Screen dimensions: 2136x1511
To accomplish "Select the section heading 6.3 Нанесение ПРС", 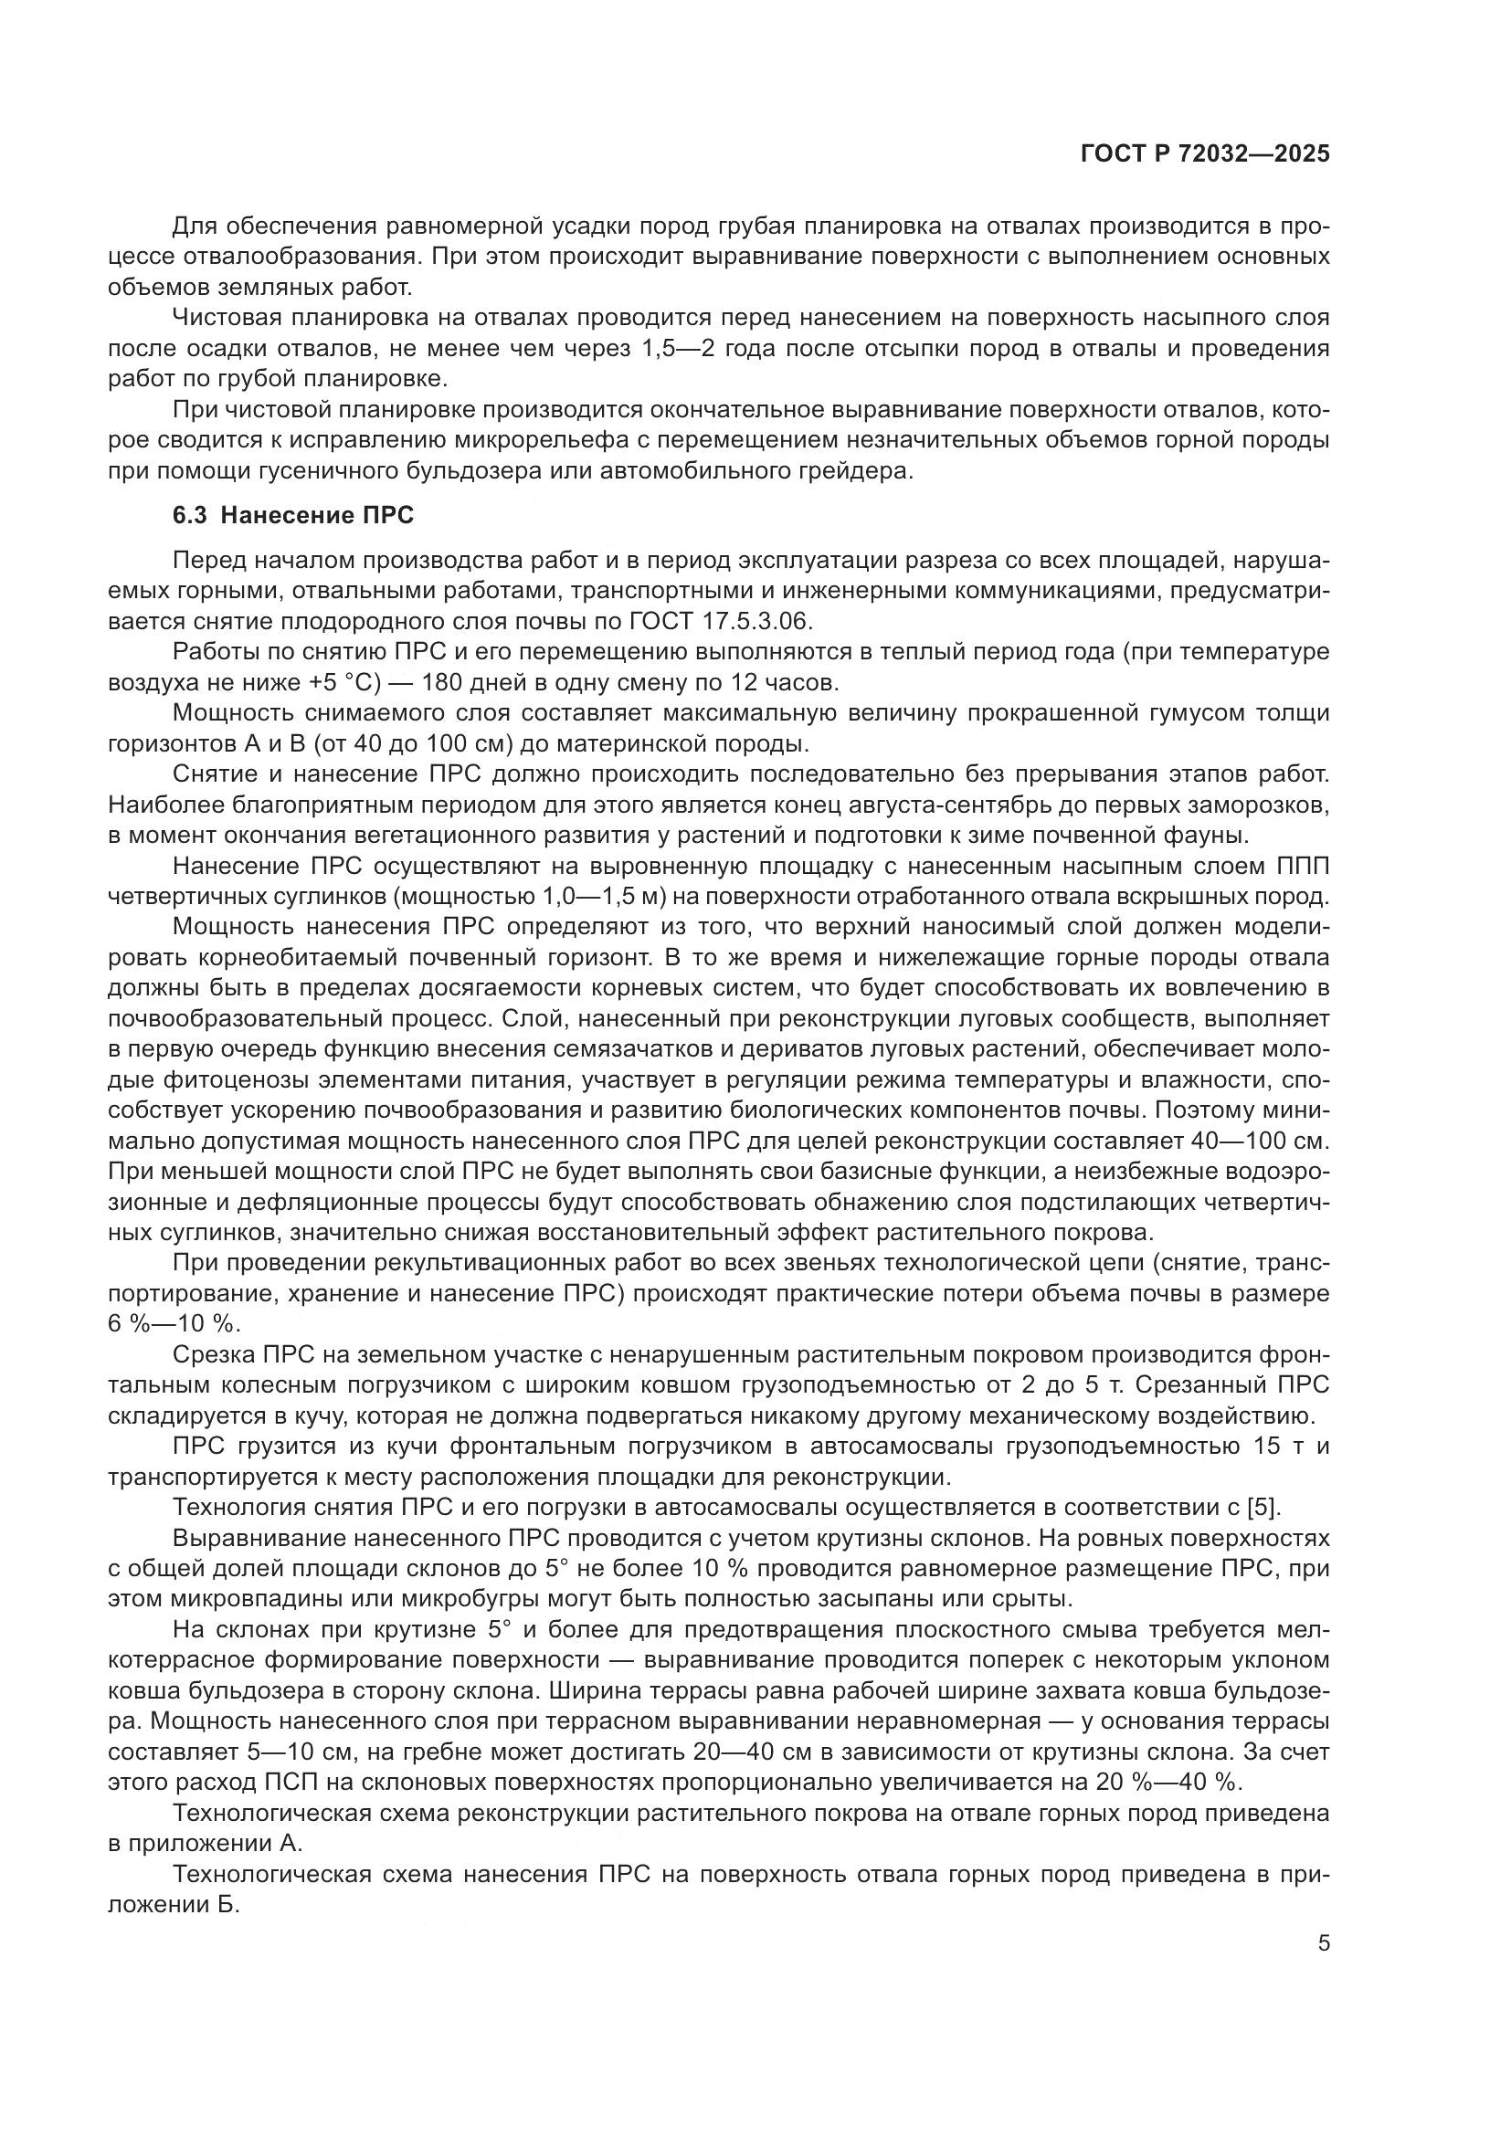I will (x=293, y=515).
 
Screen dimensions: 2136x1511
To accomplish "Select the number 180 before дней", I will (x=448, y=683).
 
